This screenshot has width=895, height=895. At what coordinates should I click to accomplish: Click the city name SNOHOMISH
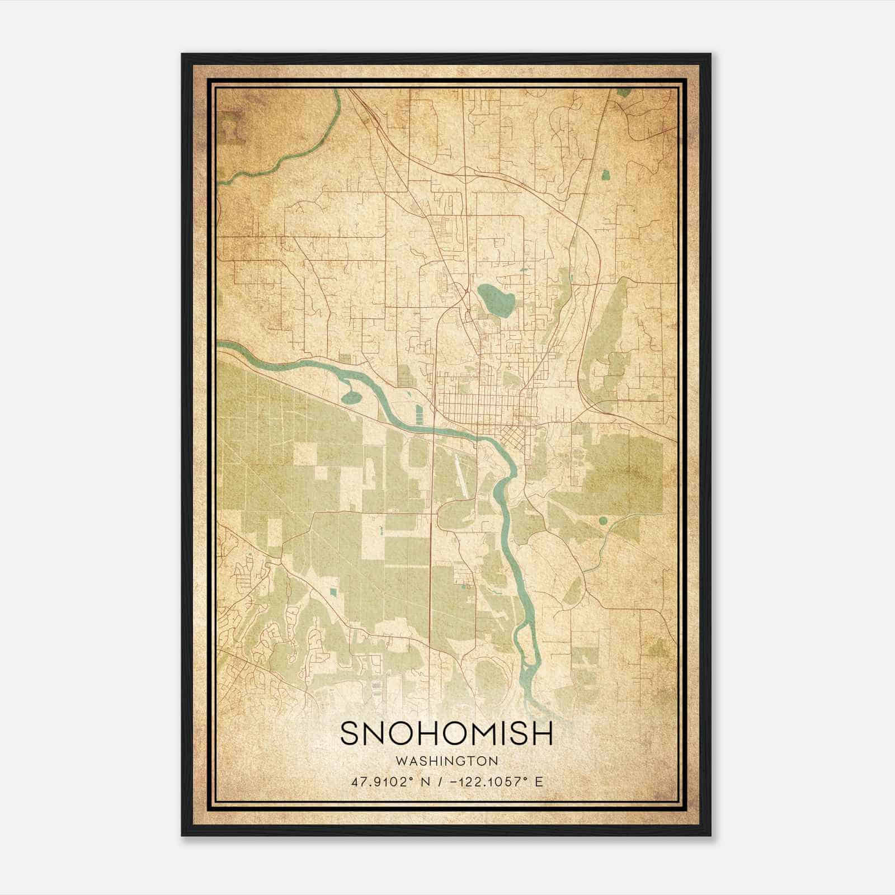446,733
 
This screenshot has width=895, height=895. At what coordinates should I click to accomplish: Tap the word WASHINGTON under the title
446,761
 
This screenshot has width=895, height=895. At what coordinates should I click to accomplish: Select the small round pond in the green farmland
602,521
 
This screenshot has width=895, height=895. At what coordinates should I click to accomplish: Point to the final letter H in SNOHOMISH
543,733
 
